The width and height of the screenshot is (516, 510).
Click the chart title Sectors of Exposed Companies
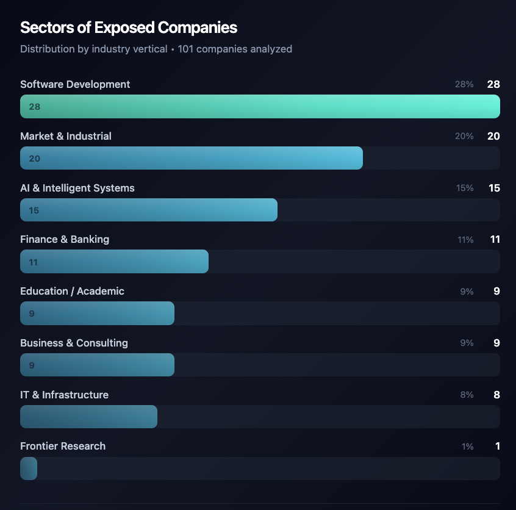pyautogui.click(x=129, y=27)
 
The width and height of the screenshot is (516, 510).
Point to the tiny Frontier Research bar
pyautogui.click(x=29, y=469)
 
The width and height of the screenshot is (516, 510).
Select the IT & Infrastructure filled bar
pyautogui.click(x=88, y=417)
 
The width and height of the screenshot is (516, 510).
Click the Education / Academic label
pyautogui.click(x=72, y=291)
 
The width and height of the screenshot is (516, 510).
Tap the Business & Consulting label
pyautogui.click(x=74, y=343)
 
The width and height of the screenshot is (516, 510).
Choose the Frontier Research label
pyautogui.click(x=63, y=446)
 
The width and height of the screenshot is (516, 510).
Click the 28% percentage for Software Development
pyautogui.click(x=464, y=84)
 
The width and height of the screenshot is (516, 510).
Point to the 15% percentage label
pyautogui.click(x=465, y=188)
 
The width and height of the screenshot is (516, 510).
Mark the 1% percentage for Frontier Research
pyautogui.click(x=467, y=447)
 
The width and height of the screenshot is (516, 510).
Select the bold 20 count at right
pyautogui.click(x=493, y=136)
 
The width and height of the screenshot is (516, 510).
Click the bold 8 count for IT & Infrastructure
pyautogui.click(x=496, y=395)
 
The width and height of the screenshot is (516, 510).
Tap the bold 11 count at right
pyautogui.click(x=495, y=239)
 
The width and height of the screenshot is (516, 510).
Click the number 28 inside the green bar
pyautogui.click(x=35, y=107)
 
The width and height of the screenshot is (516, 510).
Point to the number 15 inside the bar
pyautogui.click(x=34, y=210)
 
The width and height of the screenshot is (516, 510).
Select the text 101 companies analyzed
pyautogui.click(x=235, y=49)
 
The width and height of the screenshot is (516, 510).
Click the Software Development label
pyautogui.click(x=75, y=84)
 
